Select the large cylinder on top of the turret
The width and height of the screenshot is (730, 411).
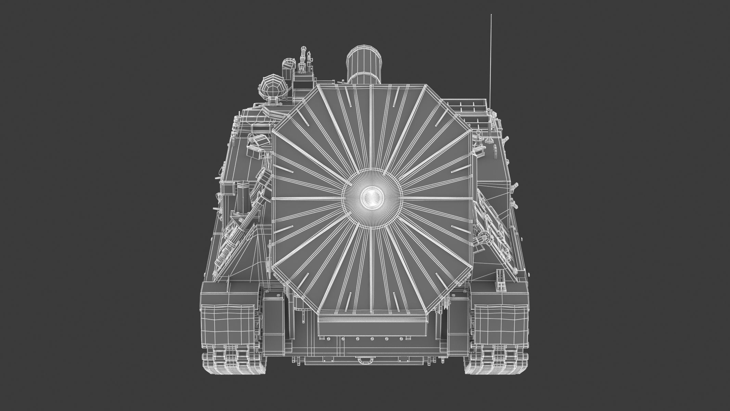click(364, 65)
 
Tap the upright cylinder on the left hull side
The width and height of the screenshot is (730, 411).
click(244, 198)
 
